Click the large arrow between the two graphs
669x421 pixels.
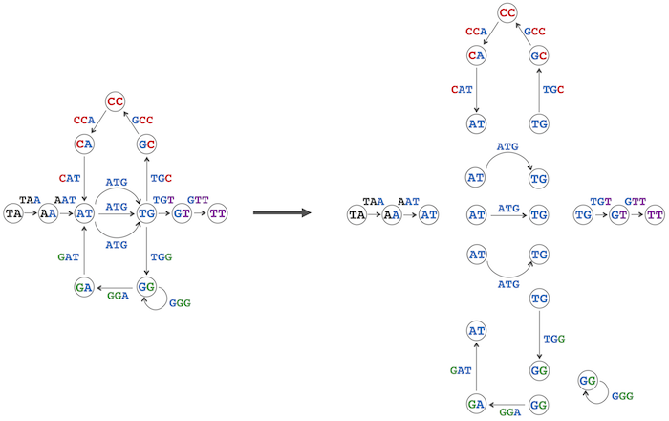(283, 212)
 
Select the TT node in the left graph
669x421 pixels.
(218, 213)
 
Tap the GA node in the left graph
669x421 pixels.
(84, 287)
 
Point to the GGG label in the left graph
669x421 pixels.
(180, 303)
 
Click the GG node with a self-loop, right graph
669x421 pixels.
(588, 381)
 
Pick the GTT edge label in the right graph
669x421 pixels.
(636, 201)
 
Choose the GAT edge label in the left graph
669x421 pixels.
(68, 257)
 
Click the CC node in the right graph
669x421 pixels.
(507, 12)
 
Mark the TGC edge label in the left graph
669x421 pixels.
(162, 178)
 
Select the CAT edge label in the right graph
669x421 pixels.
(462, 90)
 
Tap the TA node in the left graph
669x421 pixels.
(13, 213)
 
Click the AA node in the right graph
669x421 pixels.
(392, 214)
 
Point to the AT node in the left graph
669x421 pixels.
(84, 213)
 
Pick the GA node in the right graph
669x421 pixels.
(476, 404)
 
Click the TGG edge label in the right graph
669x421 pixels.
(554, 339)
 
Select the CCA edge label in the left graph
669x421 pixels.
(84, 121)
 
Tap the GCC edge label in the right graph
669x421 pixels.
(534, 32)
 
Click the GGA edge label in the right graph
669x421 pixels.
(510, 412)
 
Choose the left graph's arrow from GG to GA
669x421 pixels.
(115, 288)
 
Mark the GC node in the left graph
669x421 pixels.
(146, 144)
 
